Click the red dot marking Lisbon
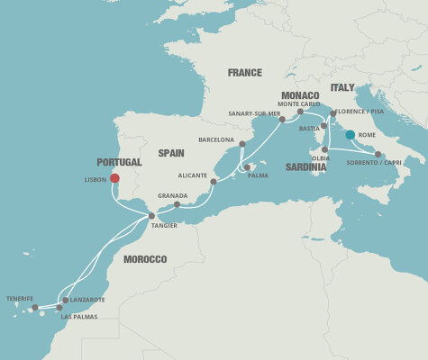click(115, 177)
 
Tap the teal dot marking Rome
click(350, 135)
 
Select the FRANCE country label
click(244, 73)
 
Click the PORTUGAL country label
click(119, 162)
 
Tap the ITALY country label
click(342, 87)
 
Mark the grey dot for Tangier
click(151, 216)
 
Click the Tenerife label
click(19, 298)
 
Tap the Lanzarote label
click(87, 300)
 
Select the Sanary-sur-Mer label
click(252, 113)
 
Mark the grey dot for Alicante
click(214, 182)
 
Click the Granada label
click(172, 195)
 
